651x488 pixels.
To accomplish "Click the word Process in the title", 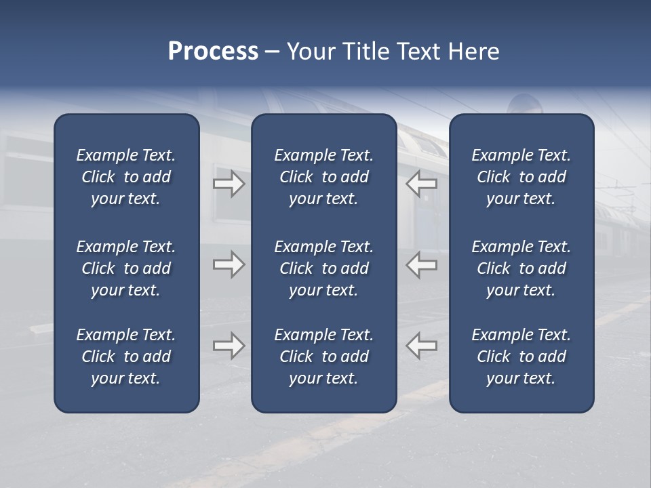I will pyautogui.click(x=213, y=52).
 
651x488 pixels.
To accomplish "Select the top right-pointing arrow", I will pyautogui.click(x=229, y=184).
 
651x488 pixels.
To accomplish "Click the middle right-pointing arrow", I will pyautogui.click(x=229, y=264).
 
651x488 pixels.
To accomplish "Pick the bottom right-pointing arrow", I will pyautogui.click(x=229, y=346).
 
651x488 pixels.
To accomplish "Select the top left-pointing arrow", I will pyautogui.click(x=422, y=184).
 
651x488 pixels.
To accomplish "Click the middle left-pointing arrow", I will pyautogui.click(x=422, y=264).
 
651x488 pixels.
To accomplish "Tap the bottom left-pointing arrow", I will pyautogui.click(x=422, y=346).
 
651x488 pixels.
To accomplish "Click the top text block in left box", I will pyautogui.click(x=126, y=177).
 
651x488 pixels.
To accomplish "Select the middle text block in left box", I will pyautogui.click(x=126, y=268).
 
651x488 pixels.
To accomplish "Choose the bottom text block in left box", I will pyautogui.click(x=126, y=357).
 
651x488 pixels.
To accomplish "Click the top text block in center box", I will pyautogui.click(x=323, y=177).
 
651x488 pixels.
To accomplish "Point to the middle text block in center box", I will pyautogui.click(x=323, y=268).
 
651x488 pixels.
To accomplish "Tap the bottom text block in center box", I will pyautogui.click(x=323, y=357).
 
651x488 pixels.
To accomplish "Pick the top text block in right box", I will pyautogui.click(x=521, y=177).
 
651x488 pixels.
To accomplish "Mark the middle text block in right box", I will pyautogui.click(x=521, y=268).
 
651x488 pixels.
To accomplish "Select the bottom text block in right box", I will pyautogui.click(x=521, y=357).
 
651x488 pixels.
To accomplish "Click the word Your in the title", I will pyautogui.click(x=311, y=52).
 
